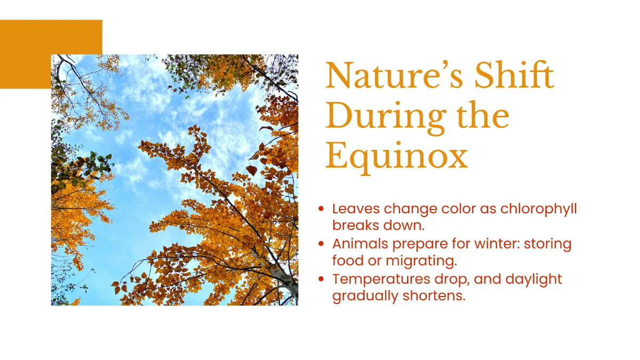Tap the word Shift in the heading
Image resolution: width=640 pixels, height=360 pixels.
[x=514, y=74]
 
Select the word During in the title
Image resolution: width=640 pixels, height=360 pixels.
[x=386, y=117]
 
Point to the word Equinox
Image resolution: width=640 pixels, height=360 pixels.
[x=397, y=157]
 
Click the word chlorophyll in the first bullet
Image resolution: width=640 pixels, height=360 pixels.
[x=539, y=209]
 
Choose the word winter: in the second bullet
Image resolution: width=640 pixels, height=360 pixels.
[x=497, y=244]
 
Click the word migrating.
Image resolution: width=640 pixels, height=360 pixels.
[x=421, y=261]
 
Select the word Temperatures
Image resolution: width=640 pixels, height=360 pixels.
[x=381, y=279]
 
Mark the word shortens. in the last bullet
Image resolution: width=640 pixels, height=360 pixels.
[x=434, y=295]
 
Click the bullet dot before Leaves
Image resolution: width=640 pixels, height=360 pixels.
[x=321, y=209]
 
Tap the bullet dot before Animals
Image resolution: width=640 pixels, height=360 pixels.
[x=321, y=244]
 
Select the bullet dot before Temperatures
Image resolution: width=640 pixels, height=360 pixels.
[x=321, y=279]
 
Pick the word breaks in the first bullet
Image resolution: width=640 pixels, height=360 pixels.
[x=355, y=226]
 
